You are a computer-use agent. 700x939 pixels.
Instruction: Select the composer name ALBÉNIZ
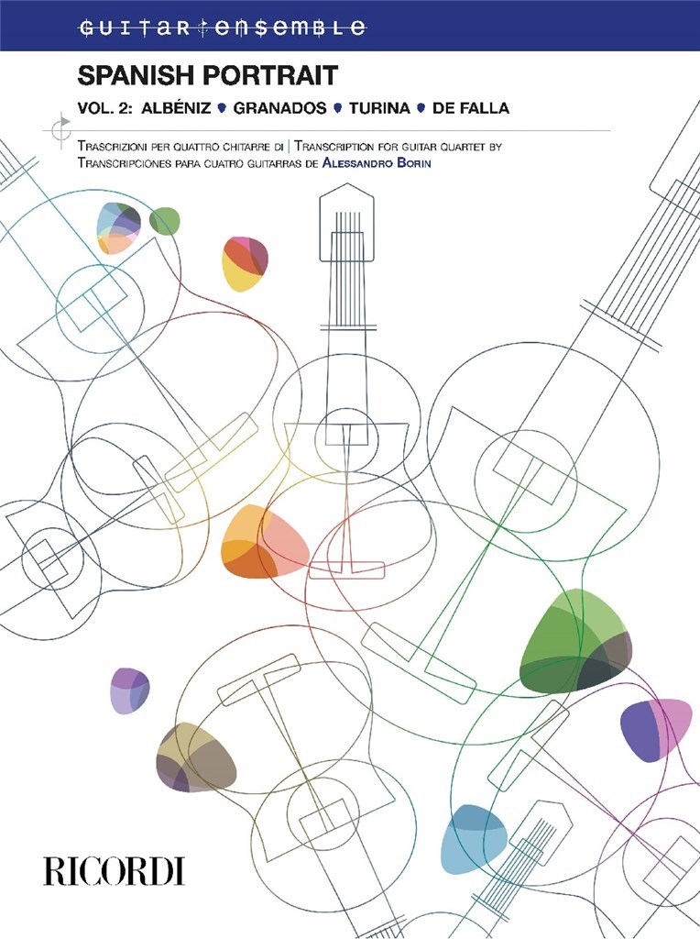[x=176, y=108]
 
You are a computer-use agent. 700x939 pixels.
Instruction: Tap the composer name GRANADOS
[x=280, y=108]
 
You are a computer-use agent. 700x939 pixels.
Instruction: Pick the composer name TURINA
[x=380, y=108]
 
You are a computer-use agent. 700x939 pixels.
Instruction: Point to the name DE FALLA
[x=471, y=108]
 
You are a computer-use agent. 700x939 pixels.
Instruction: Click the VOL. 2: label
[x=105, y=108]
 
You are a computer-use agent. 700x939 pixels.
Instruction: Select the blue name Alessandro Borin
[x=377, y=162]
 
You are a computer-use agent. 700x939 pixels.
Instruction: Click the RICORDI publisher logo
[x=114, y=871]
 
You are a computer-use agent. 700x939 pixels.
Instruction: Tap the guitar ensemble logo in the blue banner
[x=222, y=28]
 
